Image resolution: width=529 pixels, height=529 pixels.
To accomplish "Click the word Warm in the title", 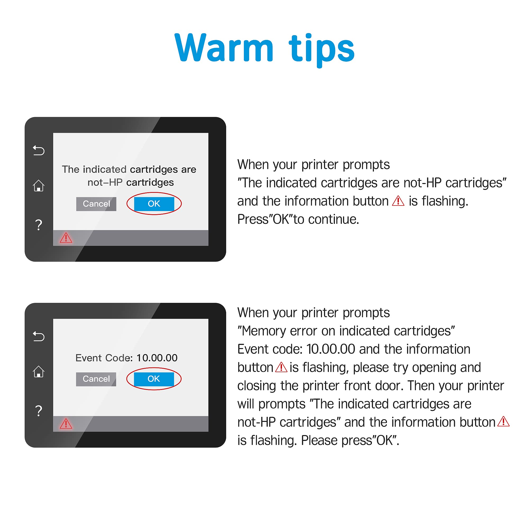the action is point(224,48).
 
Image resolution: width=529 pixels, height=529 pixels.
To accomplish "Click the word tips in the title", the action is point(322,50).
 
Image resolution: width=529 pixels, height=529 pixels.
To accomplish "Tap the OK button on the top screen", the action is point(154,204).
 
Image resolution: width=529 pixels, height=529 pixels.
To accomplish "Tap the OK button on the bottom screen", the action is point(154,379).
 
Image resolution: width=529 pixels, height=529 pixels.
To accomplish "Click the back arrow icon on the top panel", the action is point(39,150).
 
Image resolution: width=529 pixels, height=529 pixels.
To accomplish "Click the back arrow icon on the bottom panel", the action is point(39,336).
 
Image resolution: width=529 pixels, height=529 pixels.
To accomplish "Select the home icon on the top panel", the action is point(39,186).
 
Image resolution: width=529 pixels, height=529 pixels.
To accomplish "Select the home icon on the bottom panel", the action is point(39,372).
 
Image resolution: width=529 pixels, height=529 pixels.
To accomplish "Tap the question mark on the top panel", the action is point(39,225).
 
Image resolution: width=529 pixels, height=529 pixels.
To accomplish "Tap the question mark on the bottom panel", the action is point(39,411).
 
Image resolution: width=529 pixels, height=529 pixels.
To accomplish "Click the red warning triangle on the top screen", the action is point(66,238).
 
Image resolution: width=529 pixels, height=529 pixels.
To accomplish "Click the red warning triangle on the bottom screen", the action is point(66,423).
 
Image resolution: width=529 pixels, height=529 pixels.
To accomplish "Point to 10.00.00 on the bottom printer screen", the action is point(157,358).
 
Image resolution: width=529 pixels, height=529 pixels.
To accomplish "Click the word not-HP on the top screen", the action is point(105,182).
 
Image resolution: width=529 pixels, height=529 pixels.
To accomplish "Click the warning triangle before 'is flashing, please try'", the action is point(281,367).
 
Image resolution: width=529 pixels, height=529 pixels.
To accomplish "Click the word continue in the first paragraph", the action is point(334,219).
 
